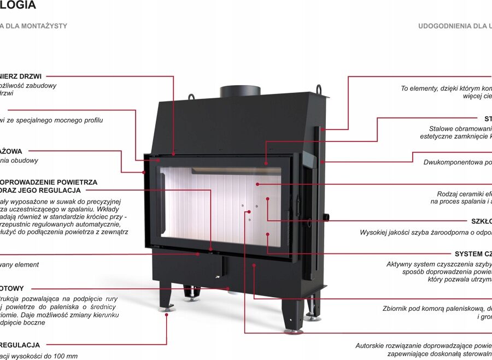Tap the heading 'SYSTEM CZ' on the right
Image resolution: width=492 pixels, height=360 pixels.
[473, 254]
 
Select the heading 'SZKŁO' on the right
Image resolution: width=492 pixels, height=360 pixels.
[481, 221]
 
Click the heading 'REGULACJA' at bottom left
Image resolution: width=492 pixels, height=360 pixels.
[20, 345]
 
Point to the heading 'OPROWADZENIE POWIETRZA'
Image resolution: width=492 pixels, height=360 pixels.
[49, 182]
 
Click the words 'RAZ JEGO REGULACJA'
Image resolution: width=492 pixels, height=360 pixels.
[40, 191]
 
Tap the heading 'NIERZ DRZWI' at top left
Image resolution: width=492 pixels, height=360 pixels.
[21, 76]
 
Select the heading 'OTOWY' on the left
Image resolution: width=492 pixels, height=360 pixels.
[12, 288]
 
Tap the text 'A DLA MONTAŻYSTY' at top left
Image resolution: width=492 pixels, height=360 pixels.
[34, 26]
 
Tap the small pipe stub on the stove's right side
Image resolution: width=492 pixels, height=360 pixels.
[327, 216]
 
